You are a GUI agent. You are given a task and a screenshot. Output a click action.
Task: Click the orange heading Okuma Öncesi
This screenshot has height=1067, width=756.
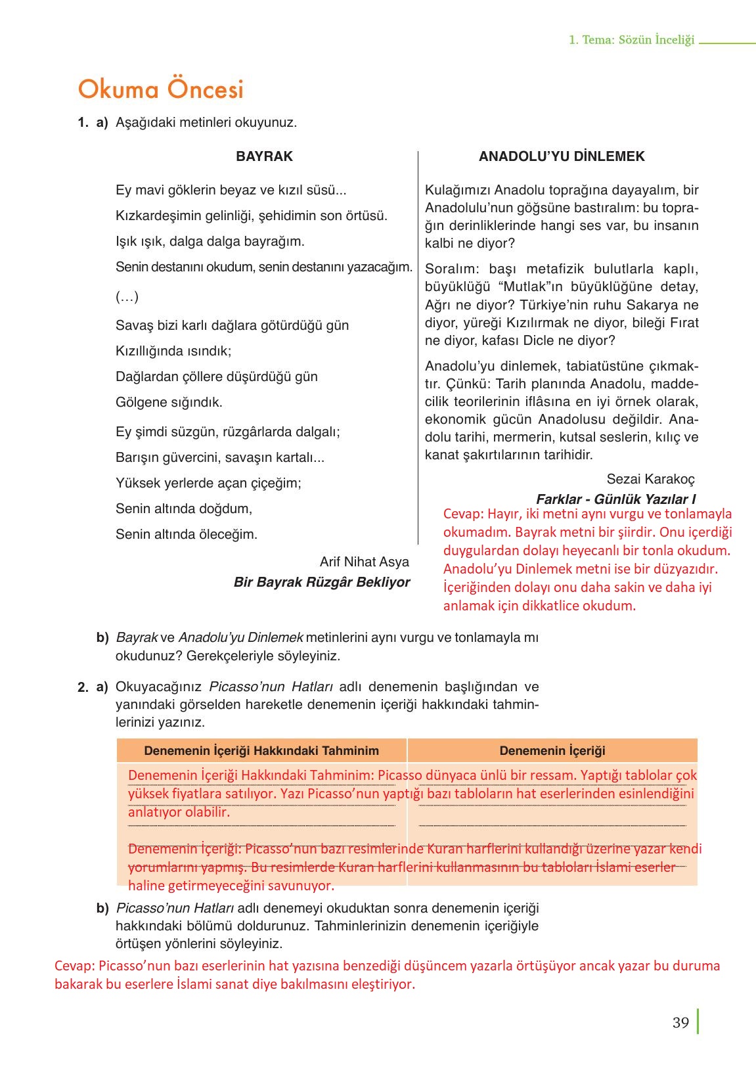click(160, 89)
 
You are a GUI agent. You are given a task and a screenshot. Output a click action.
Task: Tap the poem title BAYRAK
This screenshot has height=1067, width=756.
click(264, 156)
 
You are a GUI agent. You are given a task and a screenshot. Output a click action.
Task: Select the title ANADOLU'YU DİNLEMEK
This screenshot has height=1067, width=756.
click(562, 156)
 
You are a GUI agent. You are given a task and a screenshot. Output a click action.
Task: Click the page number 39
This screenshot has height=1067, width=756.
click(680, 1023)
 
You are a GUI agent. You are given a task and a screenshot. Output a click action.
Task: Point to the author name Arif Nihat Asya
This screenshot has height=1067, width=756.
click(364, 562)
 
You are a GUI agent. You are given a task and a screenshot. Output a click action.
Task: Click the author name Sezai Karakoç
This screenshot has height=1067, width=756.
click(650, 479)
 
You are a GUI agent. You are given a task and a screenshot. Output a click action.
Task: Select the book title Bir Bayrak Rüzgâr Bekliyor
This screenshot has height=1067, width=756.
click(322, 582)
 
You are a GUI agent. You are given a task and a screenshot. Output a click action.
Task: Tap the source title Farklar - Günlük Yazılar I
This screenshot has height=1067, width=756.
click(615, 499)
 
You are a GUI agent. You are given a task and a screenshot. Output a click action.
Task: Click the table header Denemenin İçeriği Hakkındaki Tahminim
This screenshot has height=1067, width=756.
click(261, 750)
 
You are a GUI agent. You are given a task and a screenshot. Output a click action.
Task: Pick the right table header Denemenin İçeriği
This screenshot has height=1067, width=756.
click(552, 750)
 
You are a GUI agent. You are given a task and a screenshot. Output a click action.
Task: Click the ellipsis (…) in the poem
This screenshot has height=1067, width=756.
click(127, 297)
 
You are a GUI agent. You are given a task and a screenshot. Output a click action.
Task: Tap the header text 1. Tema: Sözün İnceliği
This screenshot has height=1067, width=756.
click(631, 39)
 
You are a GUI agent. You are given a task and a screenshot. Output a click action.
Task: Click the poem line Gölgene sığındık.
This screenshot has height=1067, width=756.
click(169, 402)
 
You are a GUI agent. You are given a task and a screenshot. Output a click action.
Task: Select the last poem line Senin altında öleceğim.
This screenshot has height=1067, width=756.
click(187, 534)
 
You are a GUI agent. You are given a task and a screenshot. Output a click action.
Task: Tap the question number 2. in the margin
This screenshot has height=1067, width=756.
click(83, 687)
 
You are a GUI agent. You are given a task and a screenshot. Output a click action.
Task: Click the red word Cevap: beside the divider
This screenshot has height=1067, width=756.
click(464, 514)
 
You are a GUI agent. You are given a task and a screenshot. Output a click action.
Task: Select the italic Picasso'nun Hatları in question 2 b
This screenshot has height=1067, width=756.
click(175, 908)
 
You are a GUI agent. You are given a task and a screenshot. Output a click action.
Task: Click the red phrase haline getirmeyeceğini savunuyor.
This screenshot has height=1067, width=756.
click(231, 885)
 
